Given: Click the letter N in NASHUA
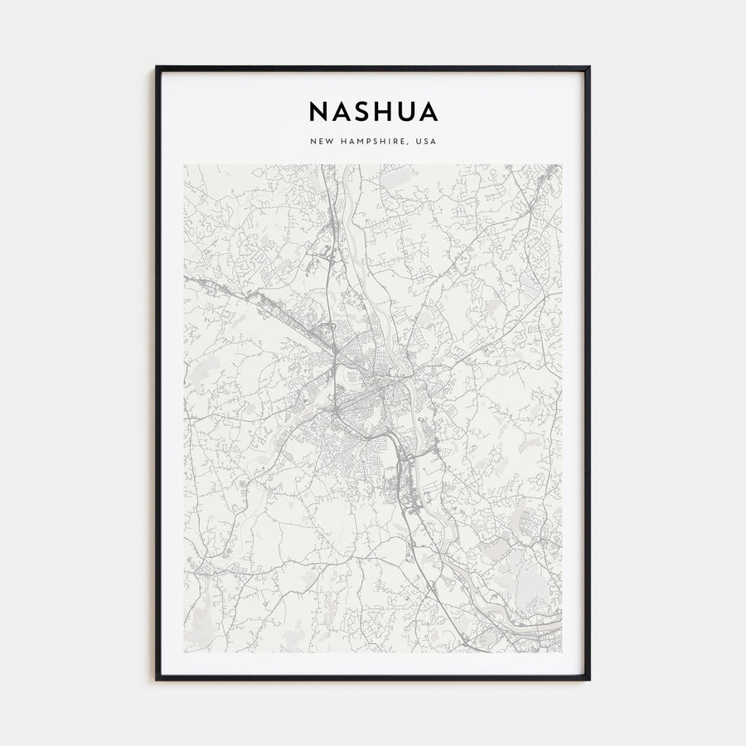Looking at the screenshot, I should pos(318,112).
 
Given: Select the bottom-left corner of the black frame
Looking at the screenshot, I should pos(157,680).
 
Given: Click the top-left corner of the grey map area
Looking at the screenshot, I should pos(184,164).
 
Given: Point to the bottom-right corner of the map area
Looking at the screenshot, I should pos(561,652).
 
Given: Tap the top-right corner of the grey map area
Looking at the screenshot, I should pos(561,164).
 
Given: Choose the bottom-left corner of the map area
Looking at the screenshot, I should pos(184,652).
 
